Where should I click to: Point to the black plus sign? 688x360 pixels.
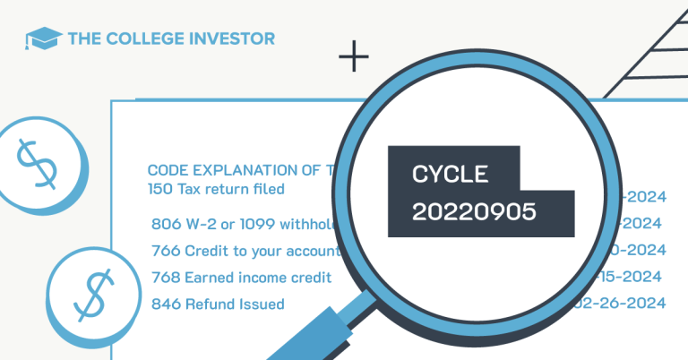tap(354, 59)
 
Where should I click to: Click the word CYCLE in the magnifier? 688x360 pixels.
tap(449, 174)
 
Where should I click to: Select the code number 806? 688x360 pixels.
tap(165, 223)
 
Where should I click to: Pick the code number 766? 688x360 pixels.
tap(165, 251)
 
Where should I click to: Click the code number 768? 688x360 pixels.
tap(165, 277)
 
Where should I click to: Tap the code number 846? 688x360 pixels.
tap(165, 304)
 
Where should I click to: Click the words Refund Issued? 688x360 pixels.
tap(235, 304)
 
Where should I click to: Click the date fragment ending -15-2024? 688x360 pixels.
tap(635, 277)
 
